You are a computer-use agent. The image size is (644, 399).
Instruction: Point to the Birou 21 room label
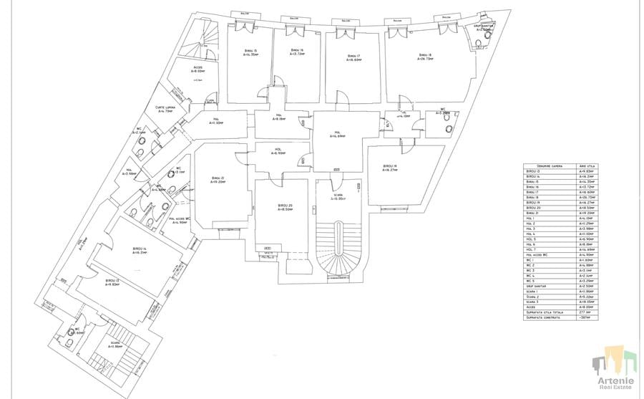pyautogui.click(x=218, y=179)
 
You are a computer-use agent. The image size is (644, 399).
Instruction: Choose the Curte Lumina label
pyautogui.click(x=165, y=109)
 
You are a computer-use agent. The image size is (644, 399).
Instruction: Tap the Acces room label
pyautogui.click(x=198, y=69)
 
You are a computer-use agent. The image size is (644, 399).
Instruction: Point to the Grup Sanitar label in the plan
pyautogui.click(x=486, y=27)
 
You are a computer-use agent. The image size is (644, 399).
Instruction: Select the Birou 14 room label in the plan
pyautogui.click(x=140, y=251)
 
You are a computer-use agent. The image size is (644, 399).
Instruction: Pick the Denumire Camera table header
pyautogui.click(x=546, y=165)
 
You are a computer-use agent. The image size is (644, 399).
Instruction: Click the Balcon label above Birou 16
pyautogui.click(x=294, y=19)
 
